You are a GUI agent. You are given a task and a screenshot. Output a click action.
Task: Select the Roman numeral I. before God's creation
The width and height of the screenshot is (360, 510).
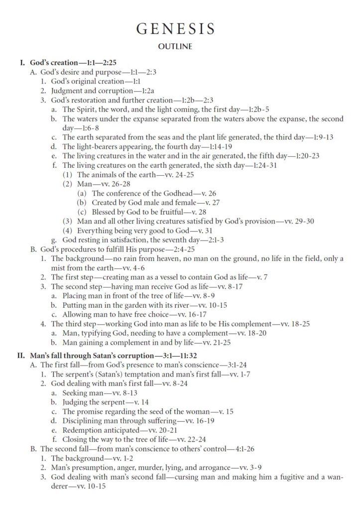pos(21,63)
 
